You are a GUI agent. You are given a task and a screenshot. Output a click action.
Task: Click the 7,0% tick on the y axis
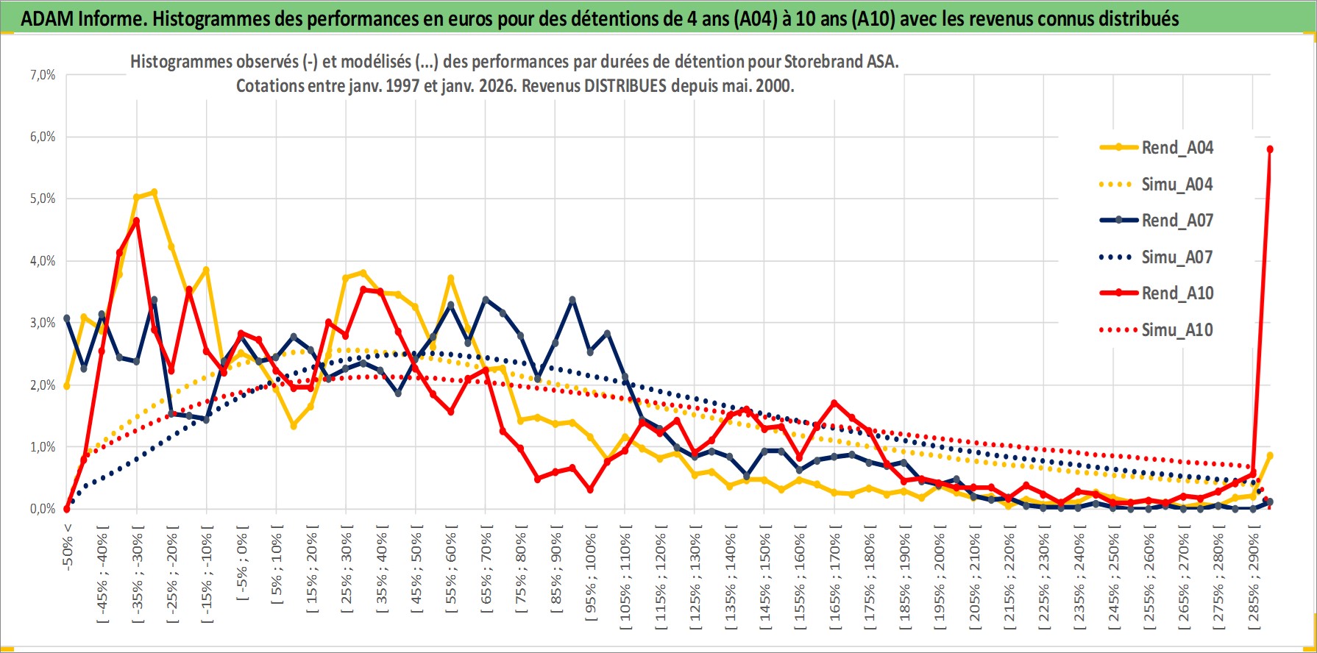(x=43, y=75)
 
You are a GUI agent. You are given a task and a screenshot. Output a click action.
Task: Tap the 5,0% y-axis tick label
(x=43, y=199)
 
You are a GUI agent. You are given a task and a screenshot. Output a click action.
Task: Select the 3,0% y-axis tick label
(x=43, y=323)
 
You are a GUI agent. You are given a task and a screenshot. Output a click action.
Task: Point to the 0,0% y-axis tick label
(x=43, y=509)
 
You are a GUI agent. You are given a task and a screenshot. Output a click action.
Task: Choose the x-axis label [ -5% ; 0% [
(x=242, y=563)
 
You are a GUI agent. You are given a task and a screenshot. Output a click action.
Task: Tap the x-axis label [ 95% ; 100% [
(x=591, y=573)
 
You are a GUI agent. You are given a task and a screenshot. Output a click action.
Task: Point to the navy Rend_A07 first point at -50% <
(x=67, y=318)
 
